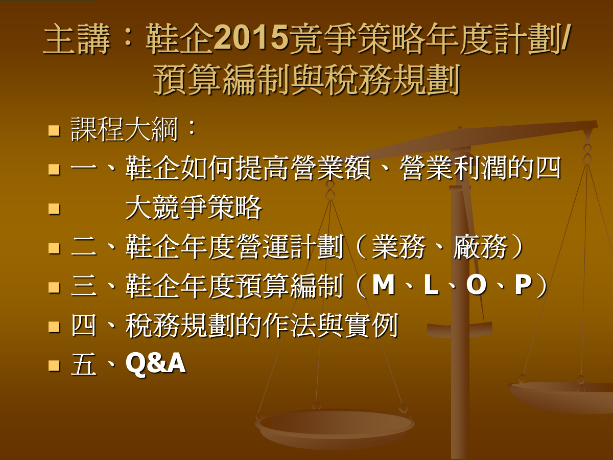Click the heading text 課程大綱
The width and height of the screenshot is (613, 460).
(x=124, y=129)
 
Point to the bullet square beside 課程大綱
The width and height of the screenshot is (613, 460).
(x=54, y=130)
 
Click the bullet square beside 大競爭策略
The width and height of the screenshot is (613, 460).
(x=54, y=209)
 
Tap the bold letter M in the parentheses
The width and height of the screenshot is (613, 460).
(x=384, y=285)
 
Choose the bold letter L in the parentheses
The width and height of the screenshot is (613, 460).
(x=431, y=285)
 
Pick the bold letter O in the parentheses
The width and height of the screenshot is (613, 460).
(x=476, y=285)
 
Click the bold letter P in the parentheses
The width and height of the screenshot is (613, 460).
(x=523, y=285)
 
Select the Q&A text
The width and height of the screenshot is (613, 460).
(x=156, y=363)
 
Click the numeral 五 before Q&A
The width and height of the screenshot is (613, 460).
(x=83, y=363)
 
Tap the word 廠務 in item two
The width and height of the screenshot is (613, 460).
(x=480, y=247)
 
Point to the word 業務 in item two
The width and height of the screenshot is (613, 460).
(x=398, y=247)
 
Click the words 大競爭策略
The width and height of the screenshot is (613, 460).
(x=194, y=208)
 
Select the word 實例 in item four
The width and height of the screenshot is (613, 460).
(x=371, y=326)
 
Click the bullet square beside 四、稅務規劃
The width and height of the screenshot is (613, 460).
(x=54, y=327)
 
